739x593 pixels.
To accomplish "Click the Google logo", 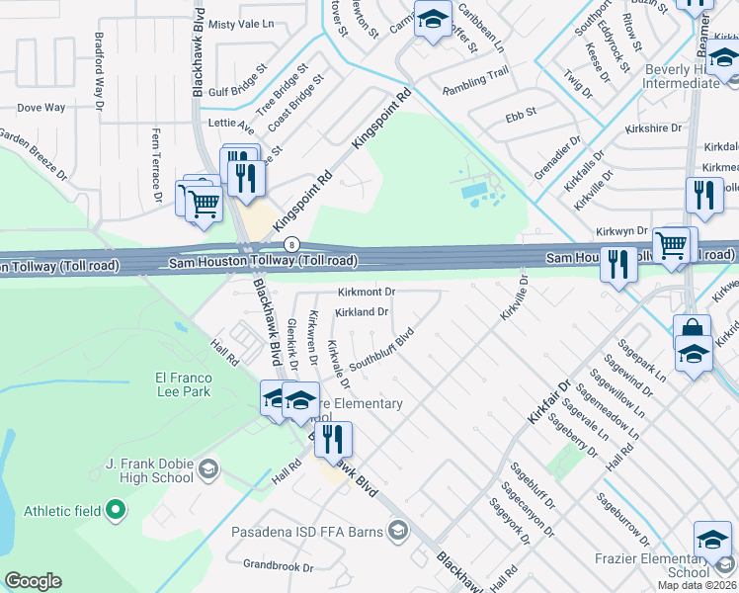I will point(33,581).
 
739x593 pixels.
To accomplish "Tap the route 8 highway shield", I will point(291,243).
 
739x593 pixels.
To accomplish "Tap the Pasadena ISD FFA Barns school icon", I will point(397,532).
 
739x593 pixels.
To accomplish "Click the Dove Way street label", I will point(41,107).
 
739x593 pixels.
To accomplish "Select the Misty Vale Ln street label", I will point(241,24).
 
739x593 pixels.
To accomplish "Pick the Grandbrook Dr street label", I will point(280,568).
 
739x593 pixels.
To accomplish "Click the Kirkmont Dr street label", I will point(366,293).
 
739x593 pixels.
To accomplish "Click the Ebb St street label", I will point(520,114).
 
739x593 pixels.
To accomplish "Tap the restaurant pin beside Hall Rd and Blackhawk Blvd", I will point(333,437).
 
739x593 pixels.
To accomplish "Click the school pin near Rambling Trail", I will point(432,20).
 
